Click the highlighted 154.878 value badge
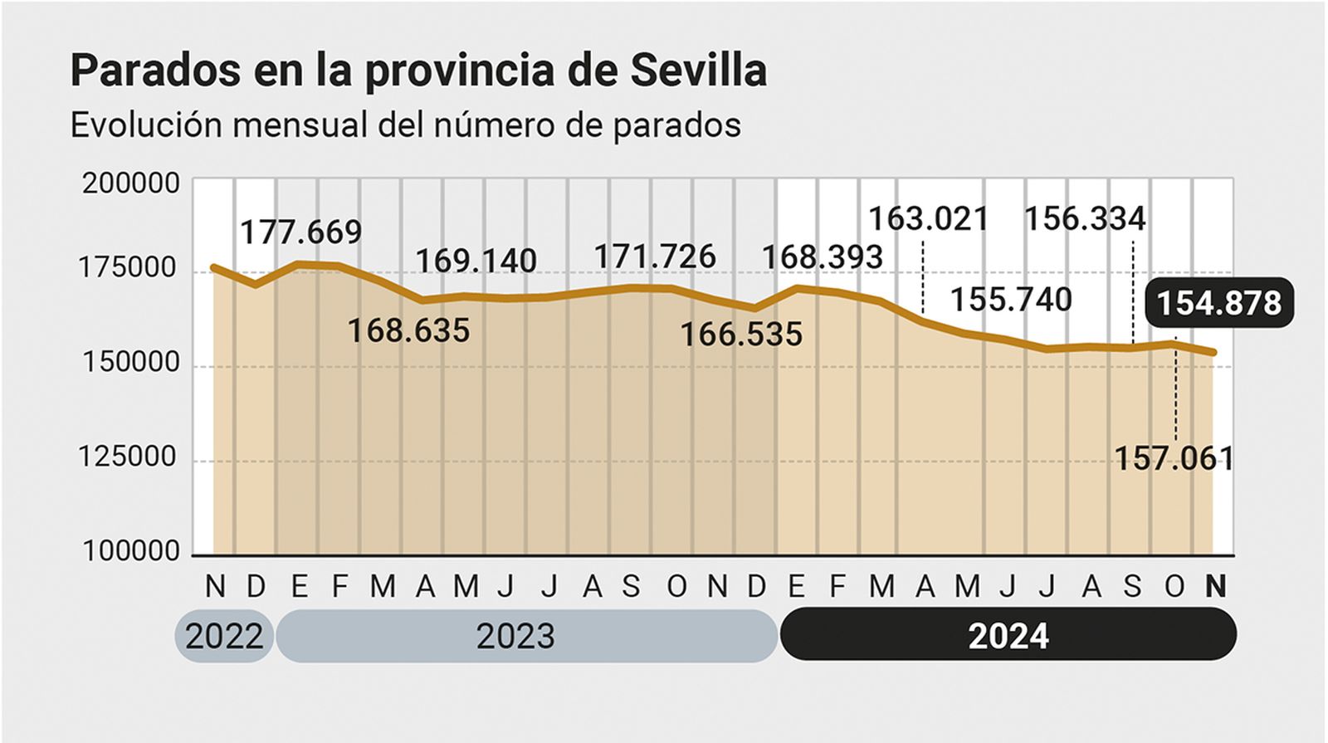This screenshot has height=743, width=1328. coord(1218,302)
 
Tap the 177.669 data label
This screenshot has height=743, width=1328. coord(301,232)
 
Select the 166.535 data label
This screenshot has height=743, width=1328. coord(741,335)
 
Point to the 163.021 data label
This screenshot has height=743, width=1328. coord(929,219)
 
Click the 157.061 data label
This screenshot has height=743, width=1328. coord(1174,458)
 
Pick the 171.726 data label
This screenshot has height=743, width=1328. coord(655,257)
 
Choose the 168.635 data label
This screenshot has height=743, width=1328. coord(408,330)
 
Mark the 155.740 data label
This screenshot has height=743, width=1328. coord(1011,299)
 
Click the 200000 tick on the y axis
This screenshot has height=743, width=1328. coord(130,183)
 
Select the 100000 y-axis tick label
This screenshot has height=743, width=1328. coord(130,550)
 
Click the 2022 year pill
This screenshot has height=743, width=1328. coord(224,637)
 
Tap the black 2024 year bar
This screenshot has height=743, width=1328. coord(1008,637)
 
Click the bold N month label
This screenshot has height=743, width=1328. coord(1215,587)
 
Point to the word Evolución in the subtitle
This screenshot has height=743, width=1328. coord(146,125)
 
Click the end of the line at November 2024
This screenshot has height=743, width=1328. coord(1214,352)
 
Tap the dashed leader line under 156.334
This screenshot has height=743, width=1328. coord(1133,291)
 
